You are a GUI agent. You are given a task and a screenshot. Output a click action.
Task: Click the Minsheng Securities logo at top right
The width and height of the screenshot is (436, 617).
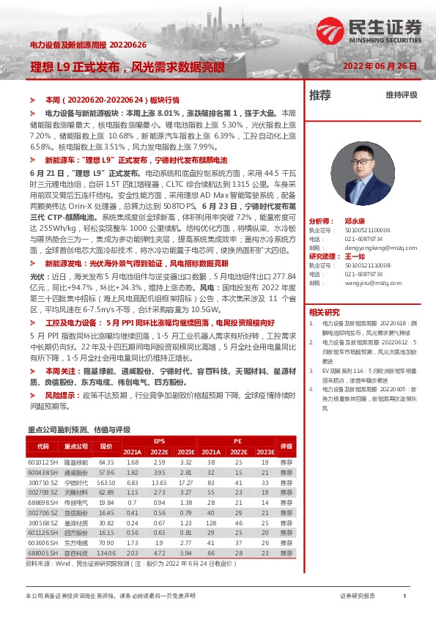tap(369, 29)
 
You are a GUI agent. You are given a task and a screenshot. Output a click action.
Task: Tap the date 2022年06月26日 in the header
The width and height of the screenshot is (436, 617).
tap(379, 66)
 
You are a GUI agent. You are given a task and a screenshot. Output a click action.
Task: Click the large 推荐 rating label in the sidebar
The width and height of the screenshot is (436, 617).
tap(320, 95)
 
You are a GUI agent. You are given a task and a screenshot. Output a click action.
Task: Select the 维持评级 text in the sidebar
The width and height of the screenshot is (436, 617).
tap(401, 95)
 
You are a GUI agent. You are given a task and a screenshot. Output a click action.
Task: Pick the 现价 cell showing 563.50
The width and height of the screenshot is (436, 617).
tap(107, 483)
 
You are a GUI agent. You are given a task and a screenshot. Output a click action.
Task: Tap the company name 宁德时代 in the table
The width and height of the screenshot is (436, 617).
tap(75, 483)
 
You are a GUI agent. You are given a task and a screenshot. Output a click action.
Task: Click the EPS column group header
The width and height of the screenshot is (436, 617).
tap(159, 441)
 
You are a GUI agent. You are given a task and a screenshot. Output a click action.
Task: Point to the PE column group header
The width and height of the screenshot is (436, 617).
tap(237, 441)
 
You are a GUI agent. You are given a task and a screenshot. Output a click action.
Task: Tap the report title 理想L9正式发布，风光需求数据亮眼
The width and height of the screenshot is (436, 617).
tap(128, 67)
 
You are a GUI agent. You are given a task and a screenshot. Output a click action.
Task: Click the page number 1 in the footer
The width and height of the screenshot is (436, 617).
tap(404, 596)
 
